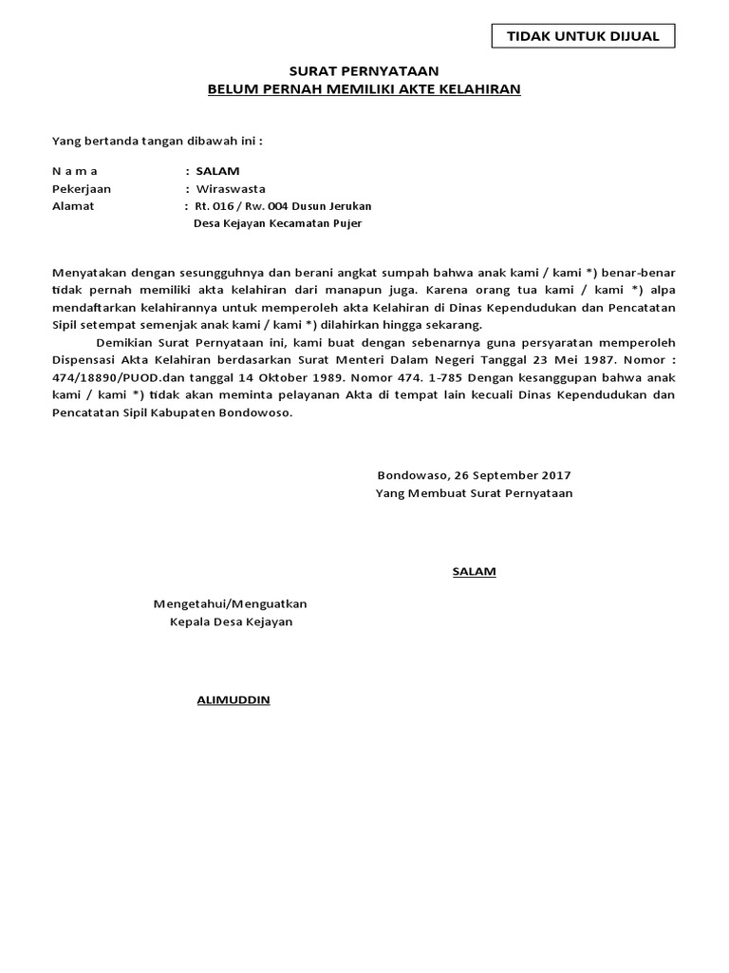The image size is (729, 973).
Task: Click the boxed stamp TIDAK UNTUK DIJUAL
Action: [x=584, y=36]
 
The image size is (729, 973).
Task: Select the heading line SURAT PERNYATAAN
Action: [x=364, y=71]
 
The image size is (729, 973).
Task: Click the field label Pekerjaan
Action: [x=81, y=188]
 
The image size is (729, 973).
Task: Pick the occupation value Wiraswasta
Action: [x=231, y=188]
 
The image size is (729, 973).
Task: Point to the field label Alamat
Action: [x=73, y=205]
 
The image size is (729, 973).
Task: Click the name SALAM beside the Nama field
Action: [x=217, y=171]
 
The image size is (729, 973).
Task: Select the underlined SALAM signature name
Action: [x=473, y=571]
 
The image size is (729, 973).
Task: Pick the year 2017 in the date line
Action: [x=554, y=475]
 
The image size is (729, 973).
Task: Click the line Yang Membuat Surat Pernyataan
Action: [x=474, y=493]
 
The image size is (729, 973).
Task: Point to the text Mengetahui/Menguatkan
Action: [x=231, y=603]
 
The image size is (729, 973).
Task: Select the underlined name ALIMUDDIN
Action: [x=233, y=699]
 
